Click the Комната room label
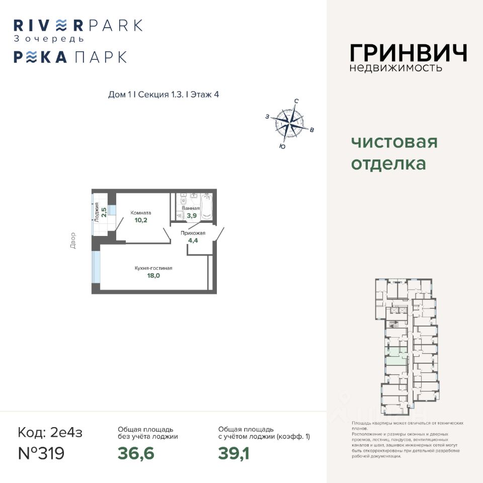(141, 213)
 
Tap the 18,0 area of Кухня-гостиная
(153, 275)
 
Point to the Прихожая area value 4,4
(193, 240)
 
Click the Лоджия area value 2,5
(104, 212)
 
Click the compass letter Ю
(282, 146)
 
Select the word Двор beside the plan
(73, 240)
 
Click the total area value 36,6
(136, 453)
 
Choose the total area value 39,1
(234, 453)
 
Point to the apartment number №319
(41, 453)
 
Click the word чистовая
(394, 142)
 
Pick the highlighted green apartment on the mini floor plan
(396, 355)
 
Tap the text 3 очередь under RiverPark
(49, 38)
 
